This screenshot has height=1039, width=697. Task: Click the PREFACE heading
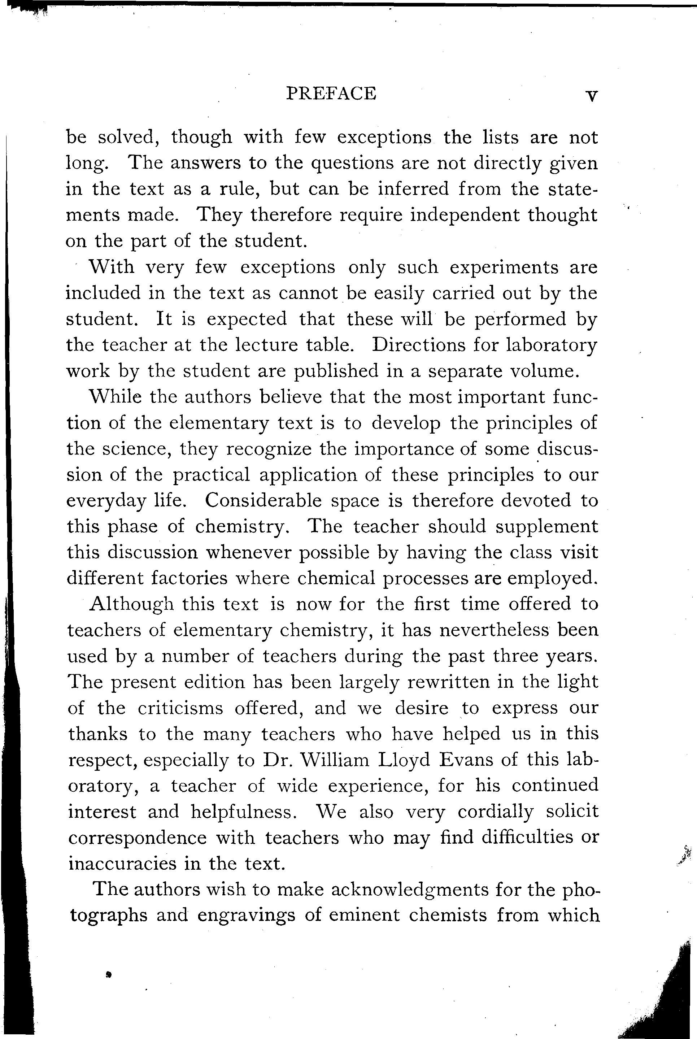pos(331,94)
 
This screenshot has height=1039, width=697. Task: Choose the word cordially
pos(495,812)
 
